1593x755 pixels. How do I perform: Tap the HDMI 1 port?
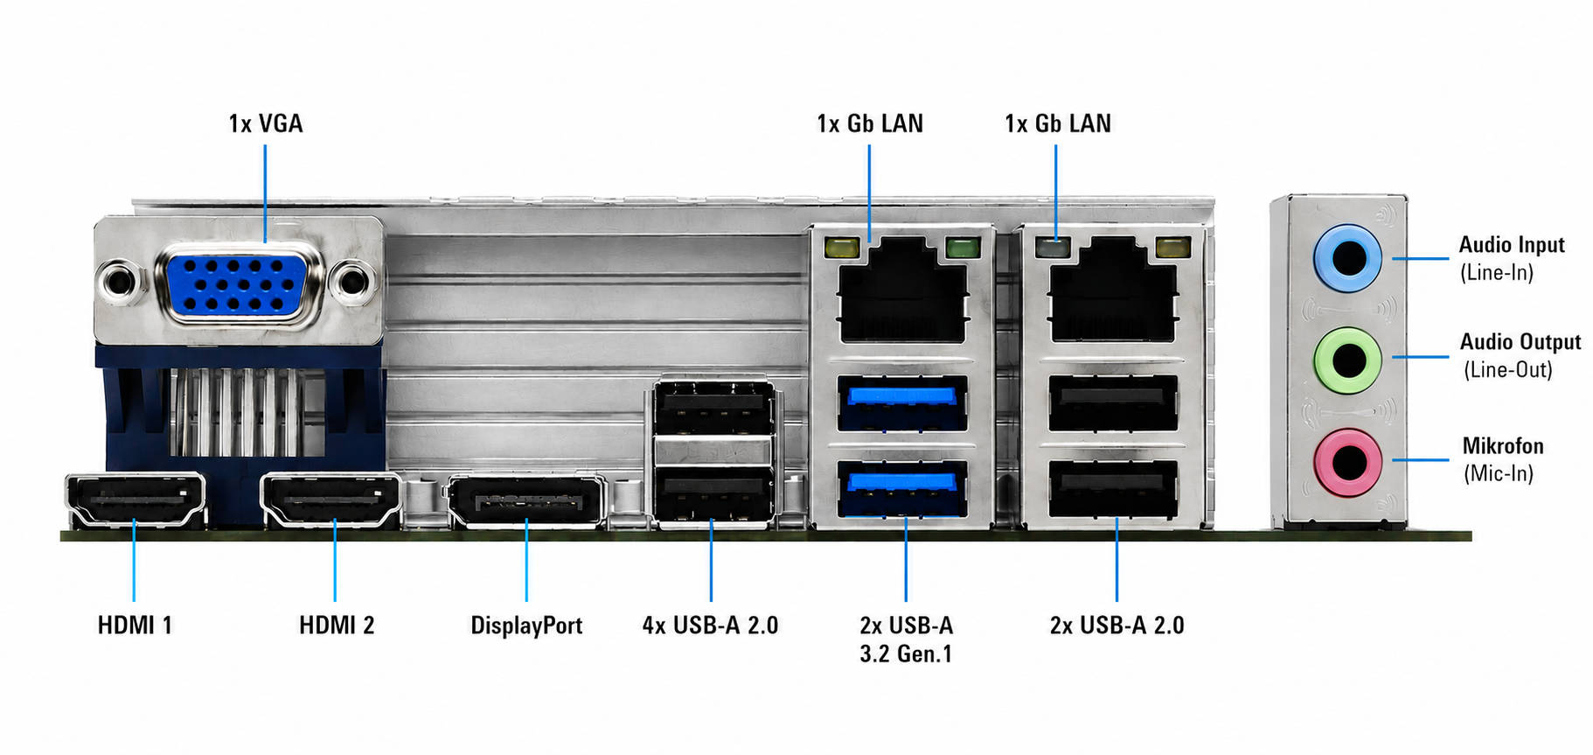click(x=136, y=500)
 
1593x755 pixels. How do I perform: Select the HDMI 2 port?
click(x=330, y=500)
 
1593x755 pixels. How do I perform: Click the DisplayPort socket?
click(x=526, y=501)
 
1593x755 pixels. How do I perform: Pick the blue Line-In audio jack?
click(x=1347, y=258)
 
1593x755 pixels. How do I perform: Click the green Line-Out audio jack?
click(x=1347, y=359)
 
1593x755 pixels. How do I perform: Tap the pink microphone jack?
click(x=1347, y=462)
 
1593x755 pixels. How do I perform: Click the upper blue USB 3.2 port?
click(x=902, y=402)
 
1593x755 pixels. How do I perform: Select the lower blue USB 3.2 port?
click(x=902, y=488)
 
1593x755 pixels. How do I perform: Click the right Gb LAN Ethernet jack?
click(x=1112, y=290)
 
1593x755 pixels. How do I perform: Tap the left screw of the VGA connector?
click(x=120, y=282)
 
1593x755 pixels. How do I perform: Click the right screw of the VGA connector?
click(x=352, y=282)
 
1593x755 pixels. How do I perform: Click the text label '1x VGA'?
click(x=266, y=123)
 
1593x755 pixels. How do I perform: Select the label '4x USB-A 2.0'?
click(x=710, y=626)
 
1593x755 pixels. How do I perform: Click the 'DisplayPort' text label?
click(x=526, y=626)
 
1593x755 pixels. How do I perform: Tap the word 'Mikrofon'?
click(x=1503, y=445)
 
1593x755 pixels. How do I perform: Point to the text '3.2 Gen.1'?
click(x=906, y=654)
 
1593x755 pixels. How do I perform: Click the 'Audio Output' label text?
click(x=1520, y=342)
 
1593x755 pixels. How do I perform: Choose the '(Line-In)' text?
click(x=1497, y=272)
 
